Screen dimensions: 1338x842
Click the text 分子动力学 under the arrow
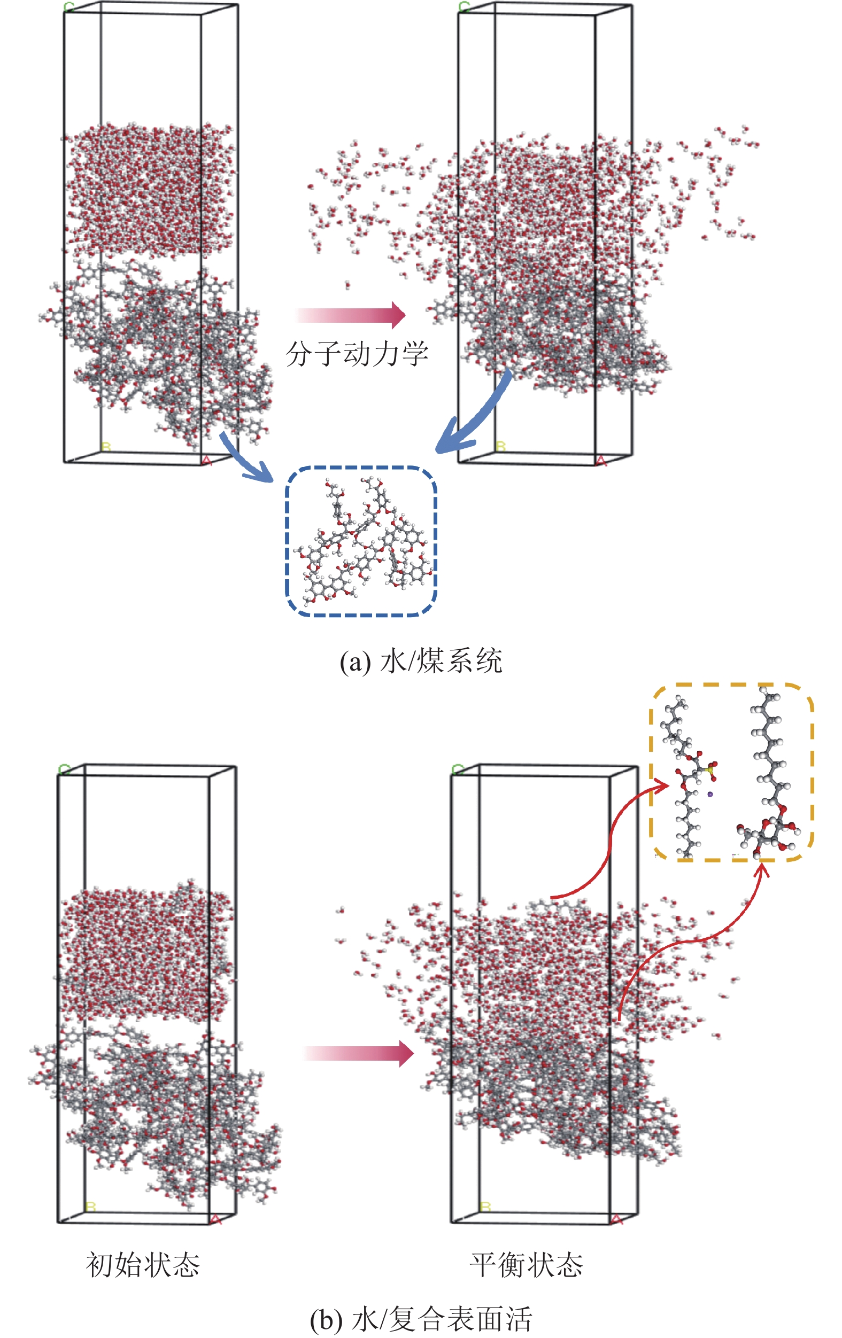tap(357, 353)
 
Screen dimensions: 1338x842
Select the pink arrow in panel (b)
tap(359, 1053)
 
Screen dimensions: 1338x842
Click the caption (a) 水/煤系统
tap(421, 660)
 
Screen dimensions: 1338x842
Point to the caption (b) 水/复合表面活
tap(421, 1319)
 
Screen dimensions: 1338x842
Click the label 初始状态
tap(143, 1265)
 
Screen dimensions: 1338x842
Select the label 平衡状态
tap(526, 1265)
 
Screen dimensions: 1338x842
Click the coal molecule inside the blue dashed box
tap(361, 542)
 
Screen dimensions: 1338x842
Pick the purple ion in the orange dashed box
tap(710, 794)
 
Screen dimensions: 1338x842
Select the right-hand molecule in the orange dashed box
tap(773, 778)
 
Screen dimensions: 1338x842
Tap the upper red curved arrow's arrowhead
tap(663, 784)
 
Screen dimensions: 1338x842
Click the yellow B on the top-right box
tap(500, 446)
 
